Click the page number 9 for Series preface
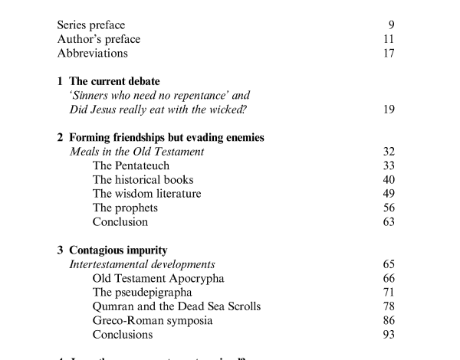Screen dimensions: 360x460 tap(391, 25)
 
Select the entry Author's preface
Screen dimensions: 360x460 tap(99, 40)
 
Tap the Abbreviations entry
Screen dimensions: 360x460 tap(93, 54)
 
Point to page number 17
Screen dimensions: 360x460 tap(389, 54)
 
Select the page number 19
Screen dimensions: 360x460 tap(389, 110)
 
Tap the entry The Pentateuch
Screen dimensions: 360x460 tap(130, 165)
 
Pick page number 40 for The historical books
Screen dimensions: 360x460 tap(389, 180)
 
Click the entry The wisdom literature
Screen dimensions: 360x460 tap(146, 194)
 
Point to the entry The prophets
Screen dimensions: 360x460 tap(125, 208)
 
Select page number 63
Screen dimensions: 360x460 tap(389, 222)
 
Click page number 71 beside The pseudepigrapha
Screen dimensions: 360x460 tap(389, 292)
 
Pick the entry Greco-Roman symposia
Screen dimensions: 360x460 tap(153, 320)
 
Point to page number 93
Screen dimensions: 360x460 tap(389, 335)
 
